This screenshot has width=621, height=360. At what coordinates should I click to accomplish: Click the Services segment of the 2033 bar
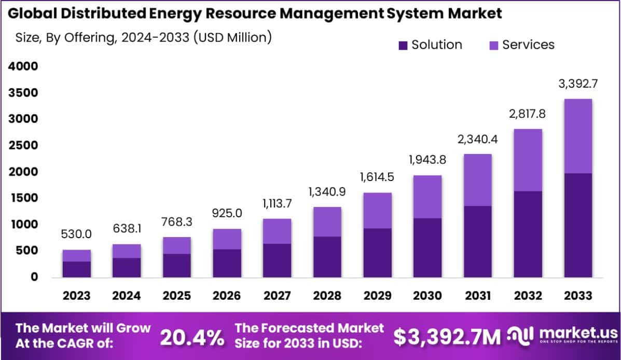pyautogui.click(x=578, y=136)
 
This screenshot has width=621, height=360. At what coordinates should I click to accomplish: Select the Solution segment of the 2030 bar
pyautogui.click(x=427, y=247)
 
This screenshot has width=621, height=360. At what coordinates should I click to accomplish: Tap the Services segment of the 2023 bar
pyautogui.click(x=77, y=256)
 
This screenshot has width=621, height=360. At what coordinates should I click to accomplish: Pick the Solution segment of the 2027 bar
pyautogui.click(x=277, y=260)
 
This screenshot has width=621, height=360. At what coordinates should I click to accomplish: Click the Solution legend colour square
pyautogui.click(x=403, y=45)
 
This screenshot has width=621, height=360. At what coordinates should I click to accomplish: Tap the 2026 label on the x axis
pyautogui.click(x=227, y=296)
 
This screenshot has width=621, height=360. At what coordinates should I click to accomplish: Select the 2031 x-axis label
pyautogui.click(x=478, y=296)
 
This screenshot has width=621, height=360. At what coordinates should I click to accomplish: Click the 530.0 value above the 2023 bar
pyautogui.click(x=77, y=234)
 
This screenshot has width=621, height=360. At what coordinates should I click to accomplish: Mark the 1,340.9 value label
pyautogui.click(x=327, y=191)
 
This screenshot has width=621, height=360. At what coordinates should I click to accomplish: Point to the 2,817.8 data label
pyautogui.click(x=528, y=114)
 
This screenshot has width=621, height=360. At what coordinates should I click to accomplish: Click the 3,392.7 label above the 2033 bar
pyautogui.click(x=578, y=83)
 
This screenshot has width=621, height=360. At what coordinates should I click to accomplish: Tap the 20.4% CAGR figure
pyautogui.click(x=192, y=337)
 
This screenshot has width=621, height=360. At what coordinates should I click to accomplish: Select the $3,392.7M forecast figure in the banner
pyautogui.click(x=447, y=337)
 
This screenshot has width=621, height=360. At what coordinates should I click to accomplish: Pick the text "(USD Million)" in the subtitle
pyautogui.click(x=232, y=37)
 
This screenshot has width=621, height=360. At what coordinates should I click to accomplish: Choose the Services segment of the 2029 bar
pyautogui.click(x=377, y=211)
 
